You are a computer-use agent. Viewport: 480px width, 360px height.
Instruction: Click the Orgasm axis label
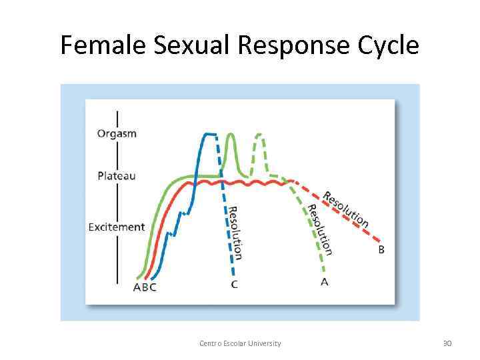117,133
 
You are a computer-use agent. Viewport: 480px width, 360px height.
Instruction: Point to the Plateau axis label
117,176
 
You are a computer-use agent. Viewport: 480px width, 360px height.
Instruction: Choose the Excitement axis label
117,227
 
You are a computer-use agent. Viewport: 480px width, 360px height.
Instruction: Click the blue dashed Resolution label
235,232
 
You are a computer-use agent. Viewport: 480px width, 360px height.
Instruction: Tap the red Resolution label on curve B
345,209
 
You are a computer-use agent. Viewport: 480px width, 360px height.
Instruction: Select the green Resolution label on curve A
319,229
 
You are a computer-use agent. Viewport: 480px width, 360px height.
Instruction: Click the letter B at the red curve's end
381,249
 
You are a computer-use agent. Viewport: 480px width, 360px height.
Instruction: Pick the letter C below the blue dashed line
235,285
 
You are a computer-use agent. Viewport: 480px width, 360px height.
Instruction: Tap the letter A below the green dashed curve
325,282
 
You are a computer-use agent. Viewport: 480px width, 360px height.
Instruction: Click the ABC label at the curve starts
145,287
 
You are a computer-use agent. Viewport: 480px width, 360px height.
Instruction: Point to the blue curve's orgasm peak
209,134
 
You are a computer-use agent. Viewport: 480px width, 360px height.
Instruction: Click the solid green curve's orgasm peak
231,135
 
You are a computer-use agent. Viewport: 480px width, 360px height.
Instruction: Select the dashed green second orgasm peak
259,136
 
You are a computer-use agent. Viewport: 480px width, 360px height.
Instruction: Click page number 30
447,343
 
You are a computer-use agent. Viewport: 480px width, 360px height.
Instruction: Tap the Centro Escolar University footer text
240,343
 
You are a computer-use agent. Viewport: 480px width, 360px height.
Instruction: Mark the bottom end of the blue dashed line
234,274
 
